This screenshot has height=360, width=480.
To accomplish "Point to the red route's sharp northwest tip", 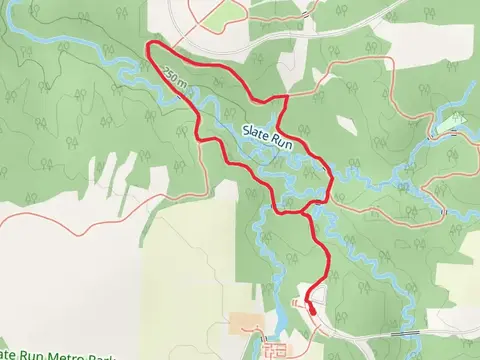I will click(x=148, y=45).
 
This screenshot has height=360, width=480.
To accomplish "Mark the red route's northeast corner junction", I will click(x=286, y=97).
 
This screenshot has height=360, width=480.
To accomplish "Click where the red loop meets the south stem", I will click(x=304, y=211).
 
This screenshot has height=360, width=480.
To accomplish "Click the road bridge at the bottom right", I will click(x=404, y=332).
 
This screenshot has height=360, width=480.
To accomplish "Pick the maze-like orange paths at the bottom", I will click(x=274, y=350).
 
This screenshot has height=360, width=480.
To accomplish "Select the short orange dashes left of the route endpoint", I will click(x=296, y=301).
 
